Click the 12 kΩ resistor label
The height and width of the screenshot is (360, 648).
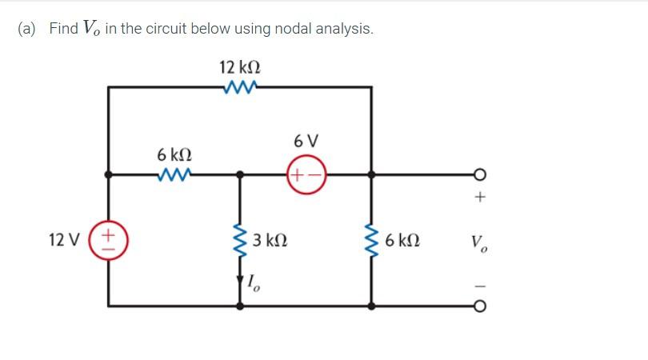pos(239,67)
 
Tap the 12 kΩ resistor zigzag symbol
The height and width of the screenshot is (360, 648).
pos(240,87)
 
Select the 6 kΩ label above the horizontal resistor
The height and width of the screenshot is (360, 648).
pos(174,153)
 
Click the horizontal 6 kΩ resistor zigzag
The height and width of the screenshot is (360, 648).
pos(174,173)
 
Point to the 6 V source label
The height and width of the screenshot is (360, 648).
pos(306,142)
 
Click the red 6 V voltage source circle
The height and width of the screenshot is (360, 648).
pos(306,174)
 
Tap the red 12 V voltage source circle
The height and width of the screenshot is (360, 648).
pos(110,239)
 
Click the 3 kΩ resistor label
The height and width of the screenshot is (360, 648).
pos(270,239)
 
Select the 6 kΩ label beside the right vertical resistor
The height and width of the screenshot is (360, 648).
pos(402,239)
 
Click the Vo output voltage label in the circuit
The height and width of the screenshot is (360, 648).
pos(478,240)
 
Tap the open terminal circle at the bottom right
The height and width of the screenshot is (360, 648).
pos(478,306)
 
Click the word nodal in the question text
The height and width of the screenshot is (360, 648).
pos(294,29)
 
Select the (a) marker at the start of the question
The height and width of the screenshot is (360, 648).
pos(29,29)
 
